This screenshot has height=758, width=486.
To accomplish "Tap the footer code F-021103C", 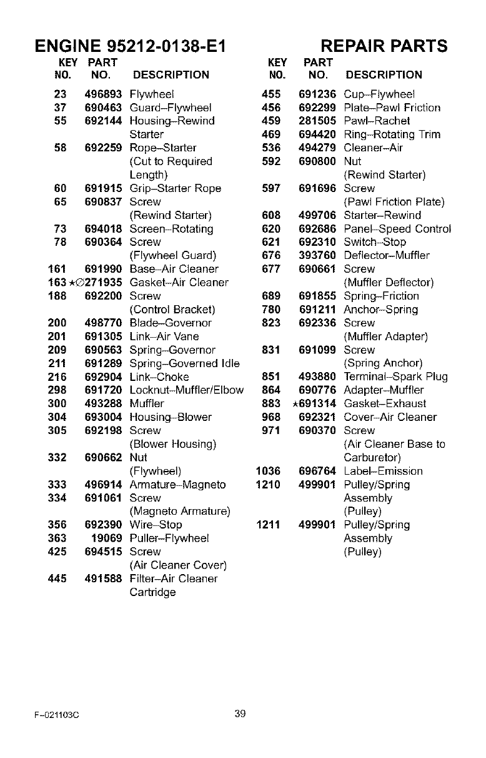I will (61, 714).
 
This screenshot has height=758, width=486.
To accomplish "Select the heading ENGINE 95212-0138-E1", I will (129, 46).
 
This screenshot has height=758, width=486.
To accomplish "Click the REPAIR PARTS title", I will (384, 46).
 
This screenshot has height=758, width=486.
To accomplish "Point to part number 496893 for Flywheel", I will (103, 94).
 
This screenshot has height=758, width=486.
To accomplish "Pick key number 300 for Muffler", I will (57, 404).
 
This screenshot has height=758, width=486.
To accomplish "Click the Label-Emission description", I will (383, 471).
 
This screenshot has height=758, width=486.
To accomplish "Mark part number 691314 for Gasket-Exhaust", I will (320, 403).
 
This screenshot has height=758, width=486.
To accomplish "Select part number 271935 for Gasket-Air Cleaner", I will (105, 283).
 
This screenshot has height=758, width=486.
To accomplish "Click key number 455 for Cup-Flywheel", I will (272, 94).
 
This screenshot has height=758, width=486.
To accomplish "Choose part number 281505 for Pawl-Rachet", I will (317, 121).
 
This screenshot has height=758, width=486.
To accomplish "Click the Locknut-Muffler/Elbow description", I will (186, 390).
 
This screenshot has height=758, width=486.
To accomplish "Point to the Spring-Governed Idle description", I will (184, 363).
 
